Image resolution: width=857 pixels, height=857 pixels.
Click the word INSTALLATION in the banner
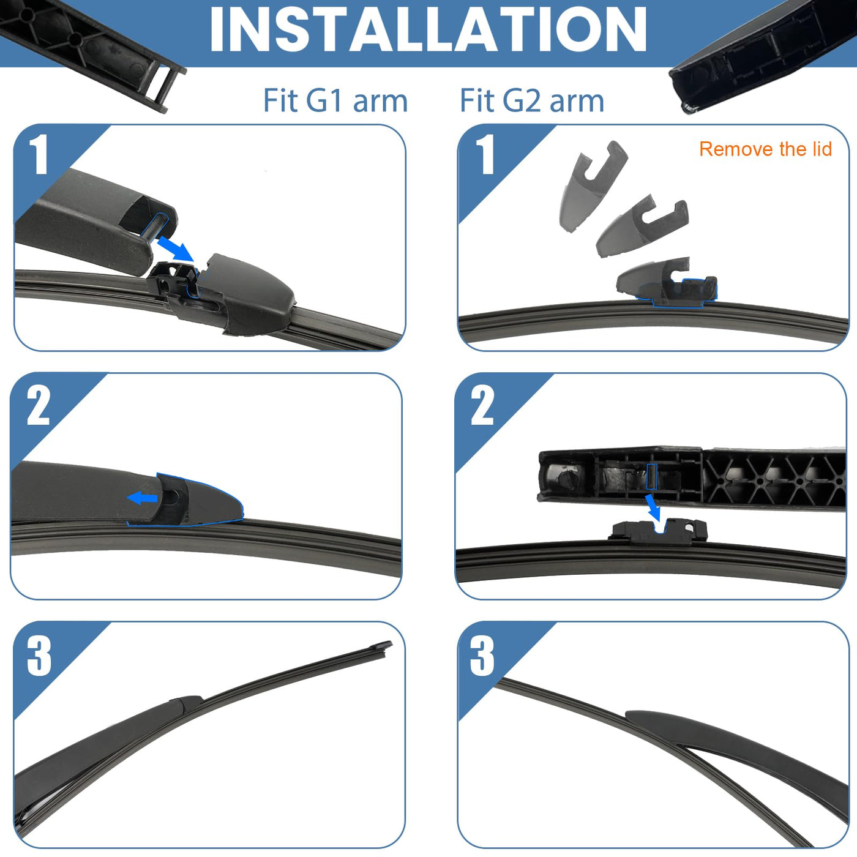tap(428, 29)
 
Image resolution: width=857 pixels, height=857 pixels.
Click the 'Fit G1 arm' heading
tap(335, 100)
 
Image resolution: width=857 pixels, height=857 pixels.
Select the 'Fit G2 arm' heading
tap(532, 100)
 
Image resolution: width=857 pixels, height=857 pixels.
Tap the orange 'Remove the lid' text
tap(765, 149)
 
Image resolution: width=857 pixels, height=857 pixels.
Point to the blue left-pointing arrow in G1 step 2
tap(142, 498)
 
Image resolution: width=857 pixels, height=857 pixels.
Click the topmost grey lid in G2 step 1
tap(593, 186)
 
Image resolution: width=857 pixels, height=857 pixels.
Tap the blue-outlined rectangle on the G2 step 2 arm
tap(651, 477)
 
